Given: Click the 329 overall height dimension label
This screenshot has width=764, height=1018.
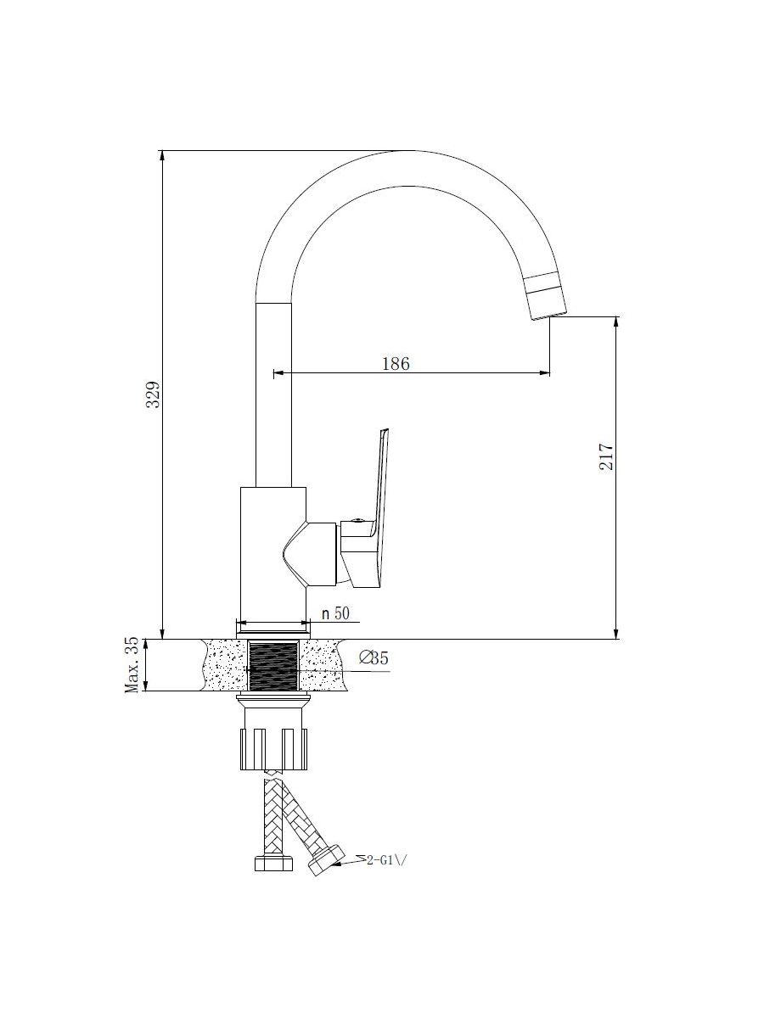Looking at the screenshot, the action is point(153,394).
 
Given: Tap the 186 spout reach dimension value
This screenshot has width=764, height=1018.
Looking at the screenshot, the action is point(396,364).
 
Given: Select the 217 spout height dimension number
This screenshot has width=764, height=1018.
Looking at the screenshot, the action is point(606,456).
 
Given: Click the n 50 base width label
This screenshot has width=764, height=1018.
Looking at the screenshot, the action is point(335,613).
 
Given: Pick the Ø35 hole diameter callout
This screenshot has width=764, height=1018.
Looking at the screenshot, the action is point(374,658).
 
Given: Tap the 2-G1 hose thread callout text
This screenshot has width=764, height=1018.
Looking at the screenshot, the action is point(388,861).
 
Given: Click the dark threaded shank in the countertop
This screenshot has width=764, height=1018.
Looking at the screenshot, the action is point(272,666).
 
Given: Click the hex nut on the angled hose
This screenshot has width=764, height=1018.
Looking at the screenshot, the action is point(326,861).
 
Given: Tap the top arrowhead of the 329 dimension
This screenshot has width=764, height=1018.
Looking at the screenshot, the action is point(162,156).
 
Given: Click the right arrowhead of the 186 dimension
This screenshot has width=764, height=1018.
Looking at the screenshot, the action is point(545,372).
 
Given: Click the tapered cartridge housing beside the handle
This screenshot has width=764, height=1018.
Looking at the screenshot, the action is point(309,553).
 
